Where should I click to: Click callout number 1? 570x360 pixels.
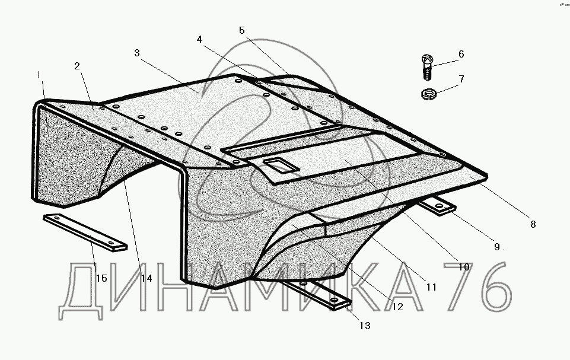(39, 75)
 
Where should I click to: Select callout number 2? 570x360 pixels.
(77, 66)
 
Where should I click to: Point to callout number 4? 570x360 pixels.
(199, 39)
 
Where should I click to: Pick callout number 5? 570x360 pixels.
(242, 30)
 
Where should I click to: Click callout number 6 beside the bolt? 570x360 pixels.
(461, 55)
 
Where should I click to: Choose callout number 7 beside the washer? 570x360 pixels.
(461, 78)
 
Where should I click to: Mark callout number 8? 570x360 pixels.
(533, 224)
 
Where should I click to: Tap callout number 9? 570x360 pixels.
(497, 247)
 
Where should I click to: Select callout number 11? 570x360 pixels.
(431, 286)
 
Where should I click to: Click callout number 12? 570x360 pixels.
(397, 307)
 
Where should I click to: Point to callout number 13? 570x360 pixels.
(364, 326)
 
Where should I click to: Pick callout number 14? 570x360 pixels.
(146, 278)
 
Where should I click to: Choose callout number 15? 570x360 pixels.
(101, 278)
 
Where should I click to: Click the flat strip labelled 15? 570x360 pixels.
(87, 232)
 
